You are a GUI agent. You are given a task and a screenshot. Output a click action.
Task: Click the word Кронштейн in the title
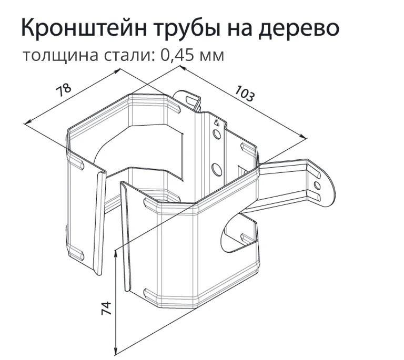[85, 27]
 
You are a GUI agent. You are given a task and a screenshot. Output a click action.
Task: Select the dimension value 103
[244, 94]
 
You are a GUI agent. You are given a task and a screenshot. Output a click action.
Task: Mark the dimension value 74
[106, 308]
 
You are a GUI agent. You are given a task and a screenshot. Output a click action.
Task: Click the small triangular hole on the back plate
[216, 123]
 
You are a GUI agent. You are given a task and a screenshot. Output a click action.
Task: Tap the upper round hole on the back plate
[217, 134]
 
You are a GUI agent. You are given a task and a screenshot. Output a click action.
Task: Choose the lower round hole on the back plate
[217, 170]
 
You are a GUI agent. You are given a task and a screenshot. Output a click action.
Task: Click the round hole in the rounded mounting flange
[317, 186]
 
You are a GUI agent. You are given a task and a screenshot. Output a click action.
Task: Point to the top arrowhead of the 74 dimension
[116, 253]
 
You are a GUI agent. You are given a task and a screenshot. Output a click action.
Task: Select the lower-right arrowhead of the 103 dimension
[304, 137]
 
